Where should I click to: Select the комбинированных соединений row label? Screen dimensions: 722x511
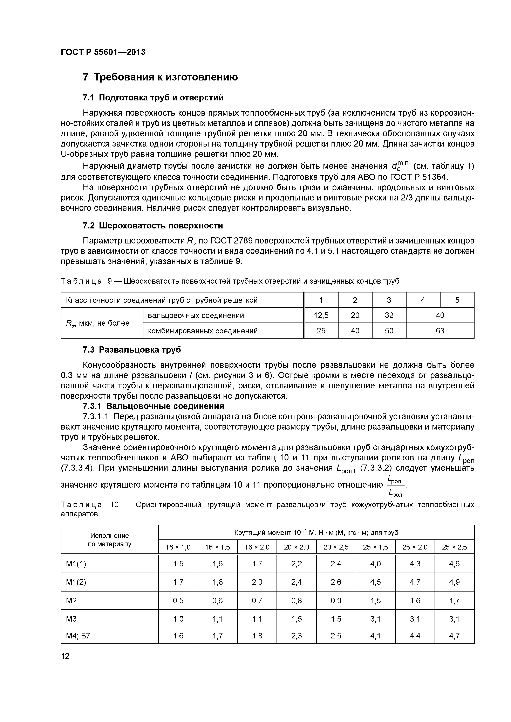203,331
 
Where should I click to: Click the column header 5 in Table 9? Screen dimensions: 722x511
457,300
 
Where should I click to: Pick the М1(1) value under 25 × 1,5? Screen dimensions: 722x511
375,564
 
